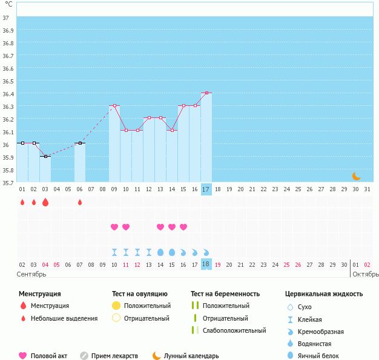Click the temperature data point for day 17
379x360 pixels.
point(206,93)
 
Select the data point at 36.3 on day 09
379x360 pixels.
point(115,106)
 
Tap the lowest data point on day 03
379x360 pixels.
point(45,156)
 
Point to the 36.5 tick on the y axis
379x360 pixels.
point(8,81)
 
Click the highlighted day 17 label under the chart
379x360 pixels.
point(206,189)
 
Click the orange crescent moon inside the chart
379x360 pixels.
point(356,176)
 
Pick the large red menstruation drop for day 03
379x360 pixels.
point(45,202)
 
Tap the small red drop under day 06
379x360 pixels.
point(80,202)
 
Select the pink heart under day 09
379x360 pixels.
point(114,227)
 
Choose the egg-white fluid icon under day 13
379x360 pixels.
point(160,252)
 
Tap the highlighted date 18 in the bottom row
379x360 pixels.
point(206,264)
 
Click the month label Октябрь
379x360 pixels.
point(366,274)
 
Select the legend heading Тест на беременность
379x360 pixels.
point(225,294)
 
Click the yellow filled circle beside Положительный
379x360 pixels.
point(116,306)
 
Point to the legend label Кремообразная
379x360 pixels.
point(321,332)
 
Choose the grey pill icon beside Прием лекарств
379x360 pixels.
point(84,356)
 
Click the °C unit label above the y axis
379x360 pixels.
point(8,4)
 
